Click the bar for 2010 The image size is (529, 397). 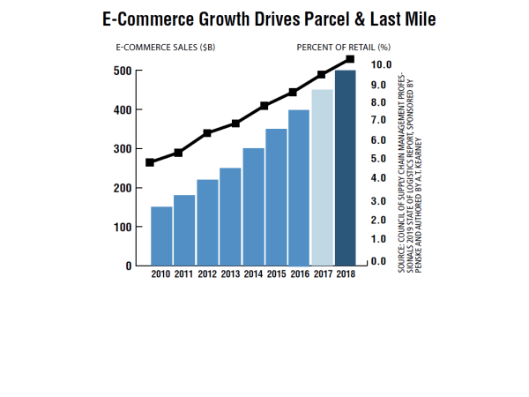161,236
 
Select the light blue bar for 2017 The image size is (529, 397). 323,177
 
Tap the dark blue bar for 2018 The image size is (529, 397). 346,168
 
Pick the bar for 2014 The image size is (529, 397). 254,206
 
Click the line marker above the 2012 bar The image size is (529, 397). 207,133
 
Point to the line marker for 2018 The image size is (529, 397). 350,59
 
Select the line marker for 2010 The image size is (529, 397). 151,162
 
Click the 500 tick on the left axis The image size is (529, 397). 121,71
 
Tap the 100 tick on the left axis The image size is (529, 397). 121,227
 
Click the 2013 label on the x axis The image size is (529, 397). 230,275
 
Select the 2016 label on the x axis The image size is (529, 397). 300,275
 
